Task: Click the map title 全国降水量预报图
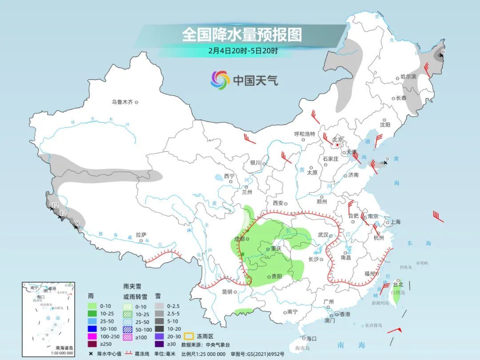coord(242,35)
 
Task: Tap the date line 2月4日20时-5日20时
coord(243,50)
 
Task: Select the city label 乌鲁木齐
coord(123,102)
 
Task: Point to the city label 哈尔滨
coord(408,77)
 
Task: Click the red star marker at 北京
coord(338,145)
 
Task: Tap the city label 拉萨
coord(141,234)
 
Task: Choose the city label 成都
coord(239,239)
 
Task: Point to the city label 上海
coord(395,222)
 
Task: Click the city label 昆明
coord(227,292)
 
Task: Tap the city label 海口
coord(311,338)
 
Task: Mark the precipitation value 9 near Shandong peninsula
coord(387,159)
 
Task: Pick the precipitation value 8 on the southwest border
coord(78,224)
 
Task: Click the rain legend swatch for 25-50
coord(92,321)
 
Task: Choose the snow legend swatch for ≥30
coord(159,344)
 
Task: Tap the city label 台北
coord(397,284)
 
